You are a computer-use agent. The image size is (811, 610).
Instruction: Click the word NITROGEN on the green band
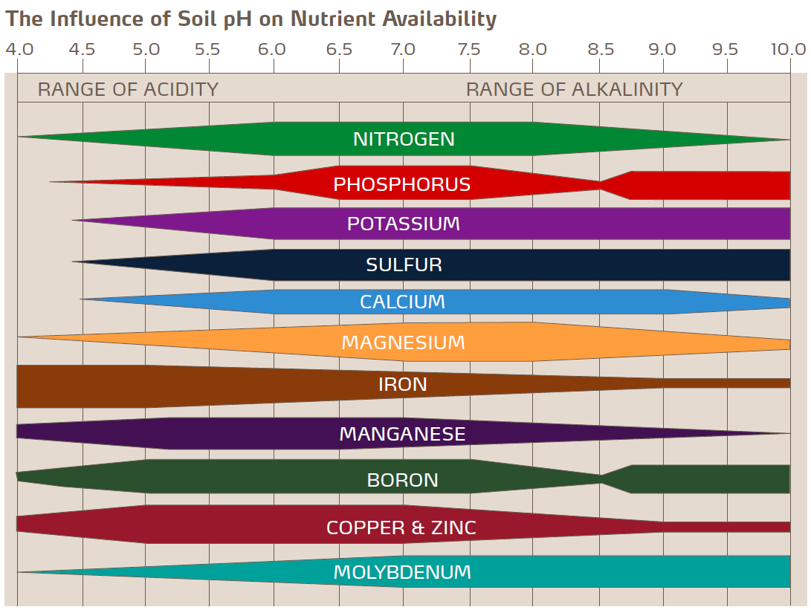click(x=404, y=140)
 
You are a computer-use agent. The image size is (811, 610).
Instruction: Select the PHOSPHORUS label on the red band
click(x=402, y=184)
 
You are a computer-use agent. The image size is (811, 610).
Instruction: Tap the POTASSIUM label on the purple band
click(x=404, y=224)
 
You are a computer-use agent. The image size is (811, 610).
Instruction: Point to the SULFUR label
click(x=404, y=265)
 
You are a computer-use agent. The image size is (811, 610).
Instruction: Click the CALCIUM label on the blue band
click(x=402, y=302)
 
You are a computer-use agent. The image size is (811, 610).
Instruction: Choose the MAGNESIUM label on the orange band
click(x=403, y=343)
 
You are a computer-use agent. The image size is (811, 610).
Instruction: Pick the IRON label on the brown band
click(x=403, y=384)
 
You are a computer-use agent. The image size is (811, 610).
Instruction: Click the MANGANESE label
click(x=402, y=434)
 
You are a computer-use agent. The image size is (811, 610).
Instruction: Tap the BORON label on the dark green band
click(x=403, y=480)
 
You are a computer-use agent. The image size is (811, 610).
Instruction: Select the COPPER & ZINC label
click(x=401, y=528)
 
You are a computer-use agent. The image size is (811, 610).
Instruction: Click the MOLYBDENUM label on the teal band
click(x=402, y=572)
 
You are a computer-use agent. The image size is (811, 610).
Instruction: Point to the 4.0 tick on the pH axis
click(x=19, y=50)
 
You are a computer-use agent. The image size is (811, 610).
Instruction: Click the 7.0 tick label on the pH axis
click(x=403, y=50)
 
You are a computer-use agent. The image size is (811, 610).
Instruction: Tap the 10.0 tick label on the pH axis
click(x=788, y=50)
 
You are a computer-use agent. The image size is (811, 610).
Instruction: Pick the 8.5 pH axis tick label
click(x=601, y=50)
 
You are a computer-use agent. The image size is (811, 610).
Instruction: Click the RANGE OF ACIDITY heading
click(x=128, y=90)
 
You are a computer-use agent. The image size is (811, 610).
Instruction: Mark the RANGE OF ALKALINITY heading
click(x=574, y=90)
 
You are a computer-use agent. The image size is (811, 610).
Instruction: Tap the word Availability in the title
click(x=439, y=19)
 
